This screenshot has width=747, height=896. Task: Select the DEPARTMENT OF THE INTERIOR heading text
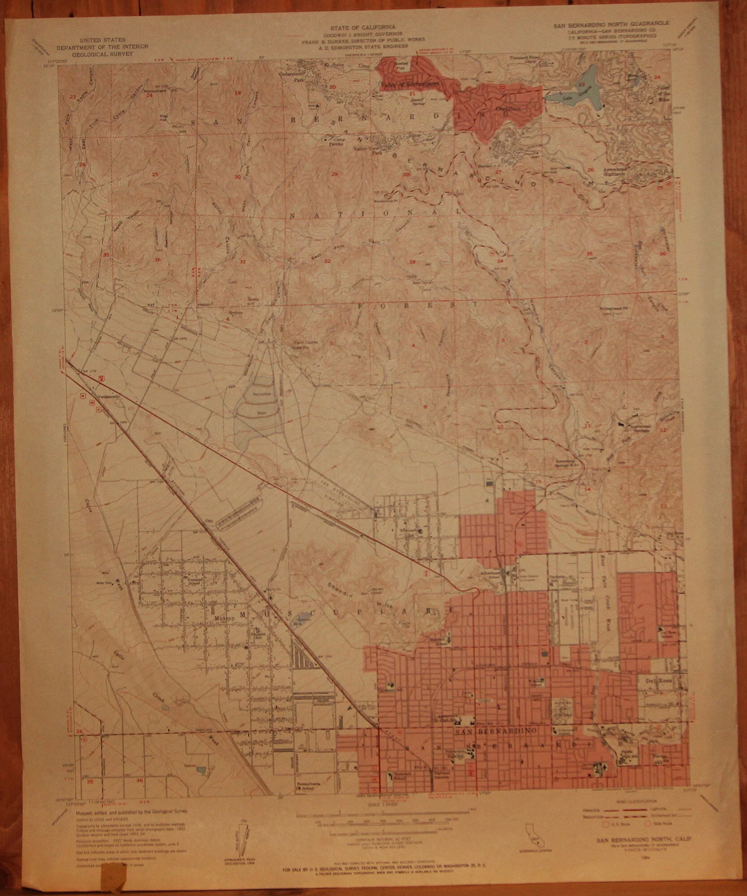[102, 47]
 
